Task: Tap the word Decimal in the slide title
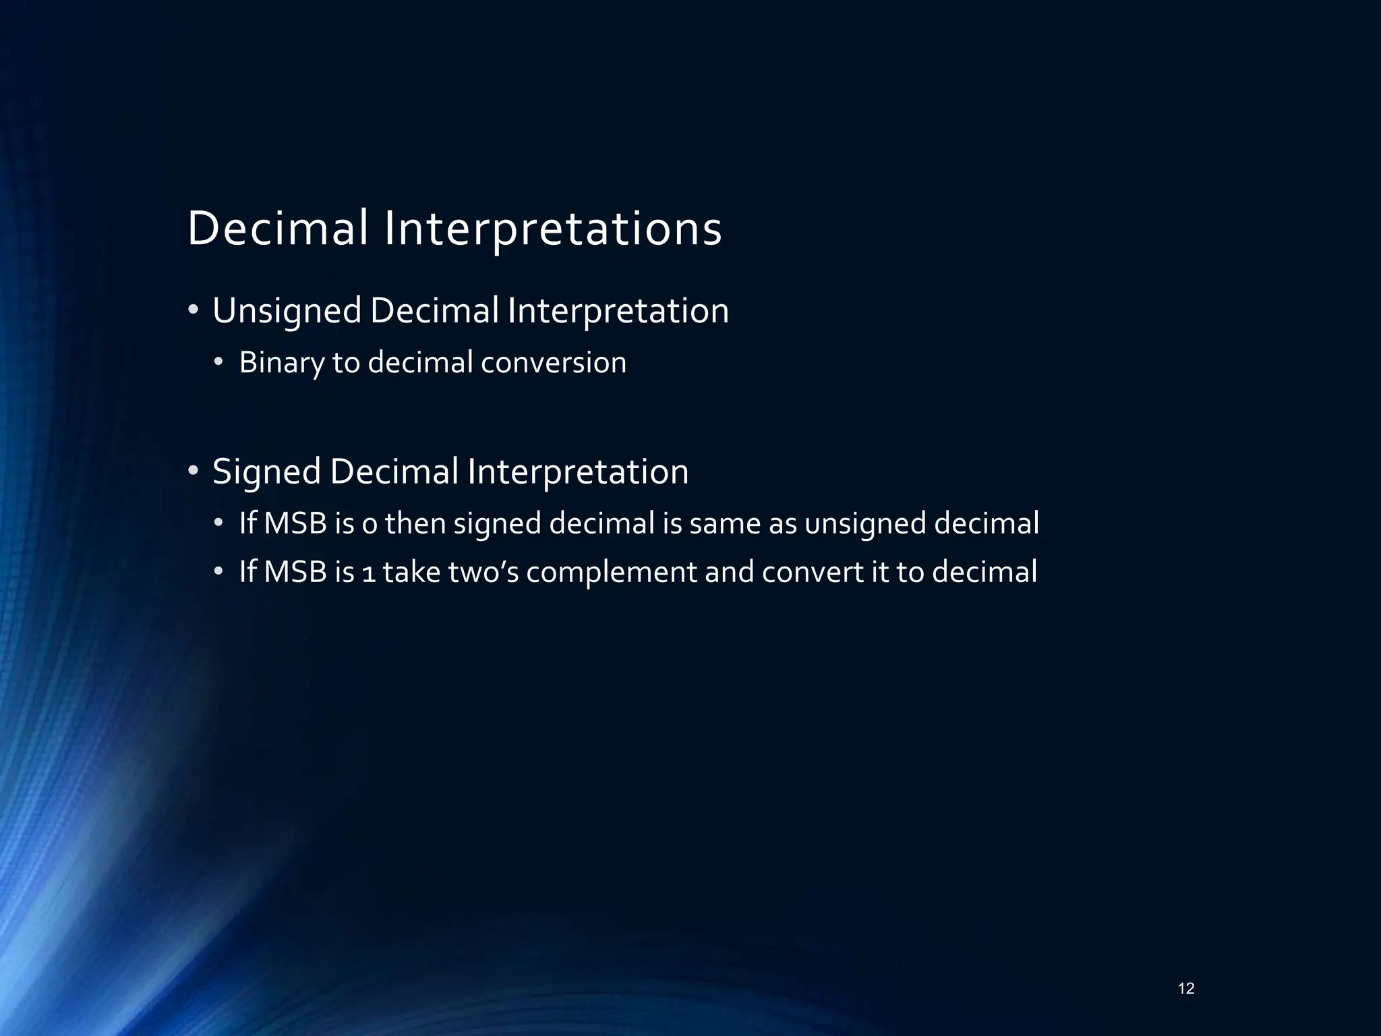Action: pyautogui.click(x=278, y=228)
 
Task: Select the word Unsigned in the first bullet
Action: pyautogui.click(x=287, y=312)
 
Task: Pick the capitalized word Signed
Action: pyautogui.click(x=266, y=472)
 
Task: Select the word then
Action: pyautogui.click(x=415, y=523)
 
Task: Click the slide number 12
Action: pyautogui.click(x=1186, y=989)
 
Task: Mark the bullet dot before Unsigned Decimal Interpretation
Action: pyautogui.click(x=194, y=311)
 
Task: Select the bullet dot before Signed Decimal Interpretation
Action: pyautogui.click(x=194, y=471)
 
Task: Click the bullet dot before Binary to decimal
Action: pyautogui.click(x=218, y=363)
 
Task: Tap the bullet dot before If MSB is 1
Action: pyautogui.click(x=218, y=573)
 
